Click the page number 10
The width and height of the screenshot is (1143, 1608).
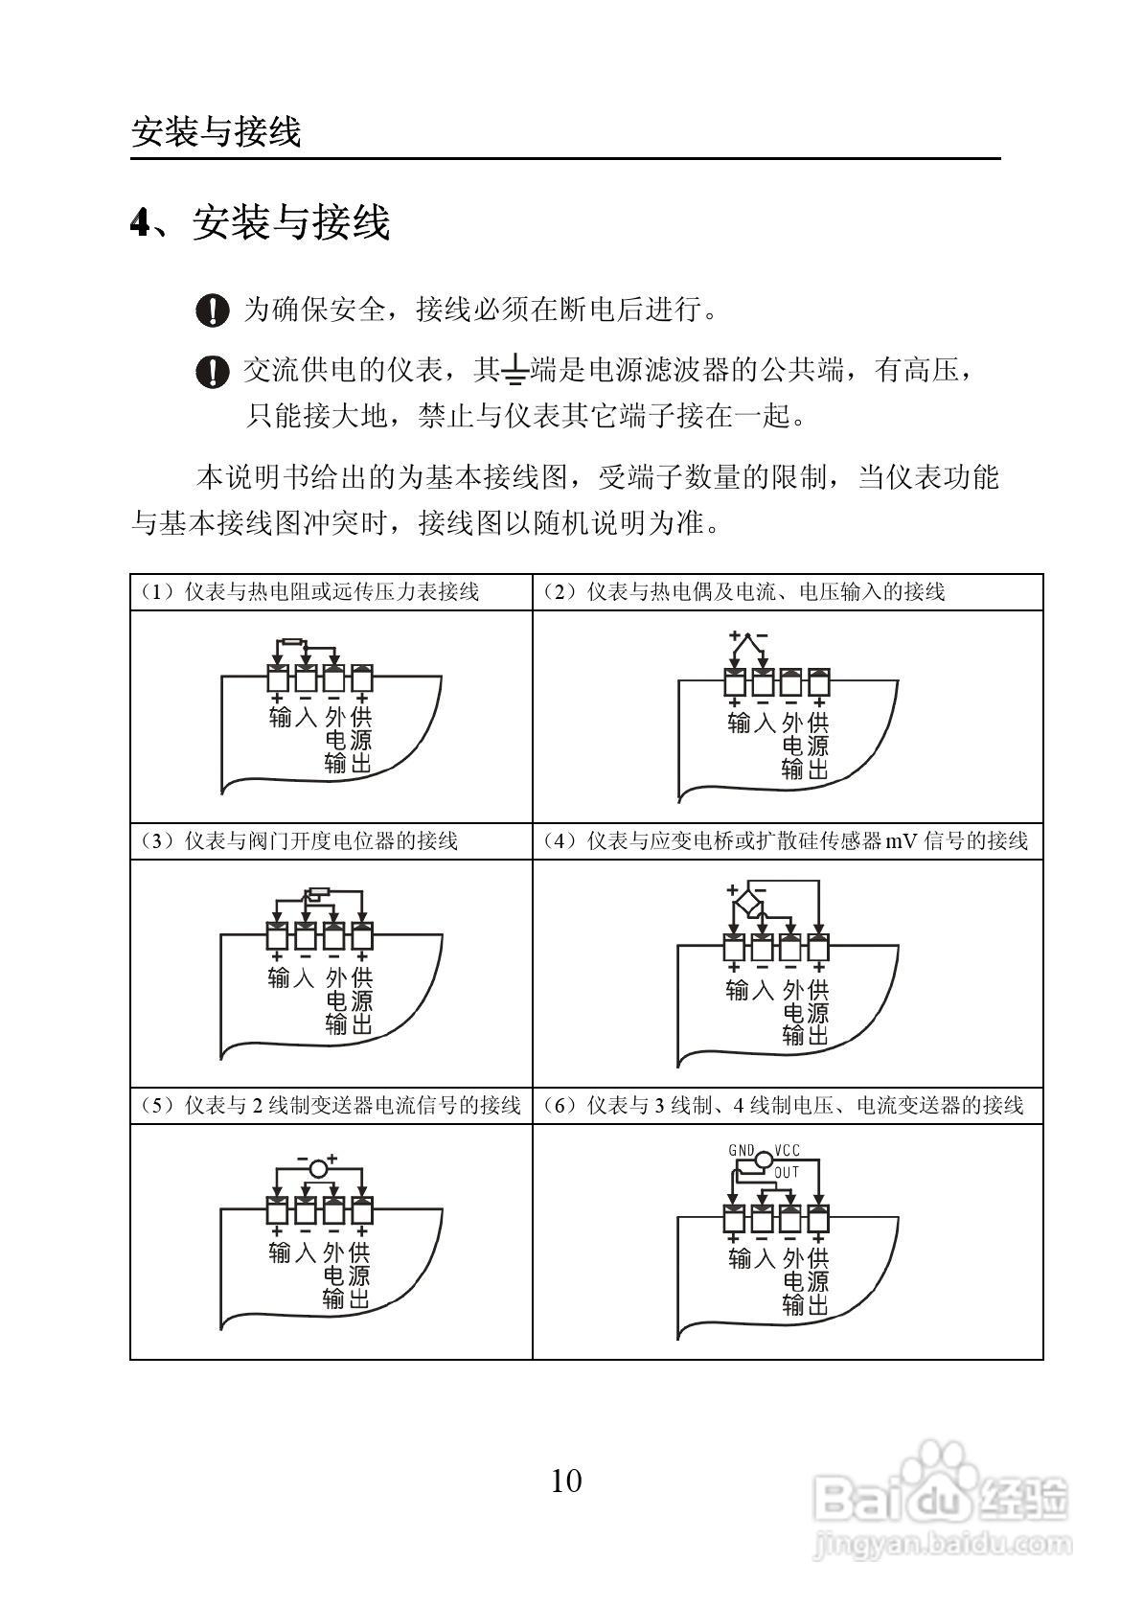click(x=566, y=1481)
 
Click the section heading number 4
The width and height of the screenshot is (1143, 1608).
click(x=141, y=224)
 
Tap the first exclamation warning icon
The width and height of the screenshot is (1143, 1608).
click(x=212, y=310)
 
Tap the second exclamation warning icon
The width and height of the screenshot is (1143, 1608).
click(x=212, y=371)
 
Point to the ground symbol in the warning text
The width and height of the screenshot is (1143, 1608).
click(x=514, y=370)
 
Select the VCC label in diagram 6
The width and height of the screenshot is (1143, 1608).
click(x=788, y=1150)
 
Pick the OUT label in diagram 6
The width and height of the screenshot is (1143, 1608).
click(x=787, y=1172)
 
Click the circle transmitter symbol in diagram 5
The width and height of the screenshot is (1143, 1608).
click(x=319, y=1166)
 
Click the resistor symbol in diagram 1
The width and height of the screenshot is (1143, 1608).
click(x=290, y=643)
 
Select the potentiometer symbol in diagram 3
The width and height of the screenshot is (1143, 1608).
click(x=316, y=896)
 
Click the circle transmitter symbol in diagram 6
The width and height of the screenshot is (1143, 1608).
click(x=763, y=1160)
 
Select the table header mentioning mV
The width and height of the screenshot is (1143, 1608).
click(x=786, y=840)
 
